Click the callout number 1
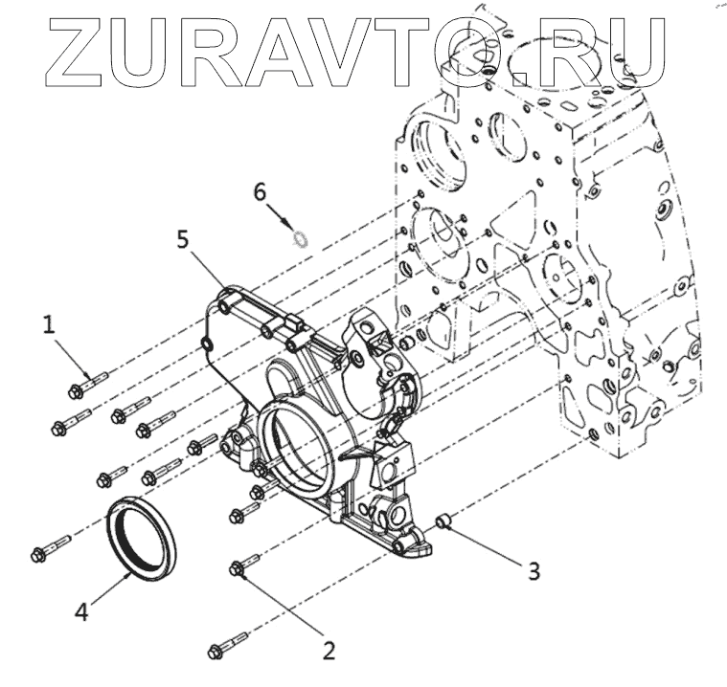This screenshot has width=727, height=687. tap(48, 325)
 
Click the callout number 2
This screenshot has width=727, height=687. tap(329, 651)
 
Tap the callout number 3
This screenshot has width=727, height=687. tap(534, 571)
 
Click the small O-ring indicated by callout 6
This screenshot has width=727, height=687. tap(299, 236)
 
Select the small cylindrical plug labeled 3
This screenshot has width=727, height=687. tap(443, 522)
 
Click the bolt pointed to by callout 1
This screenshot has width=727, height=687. tap(87, 385)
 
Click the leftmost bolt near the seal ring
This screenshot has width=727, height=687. tap(49, 550)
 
